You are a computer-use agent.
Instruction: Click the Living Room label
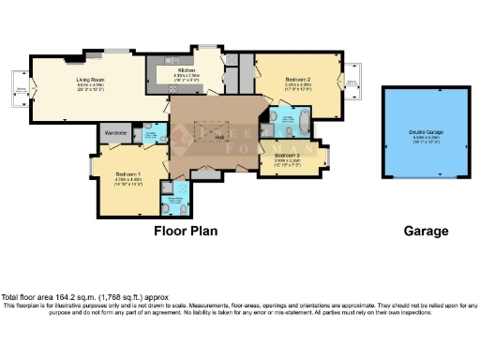click(90, 80)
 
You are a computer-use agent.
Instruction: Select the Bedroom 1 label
click(128, 174)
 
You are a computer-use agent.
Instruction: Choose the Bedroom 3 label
click(288, 154)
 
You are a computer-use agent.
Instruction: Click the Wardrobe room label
click(116, 133)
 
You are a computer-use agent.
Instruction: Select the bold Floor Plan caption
click(186, 230)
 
